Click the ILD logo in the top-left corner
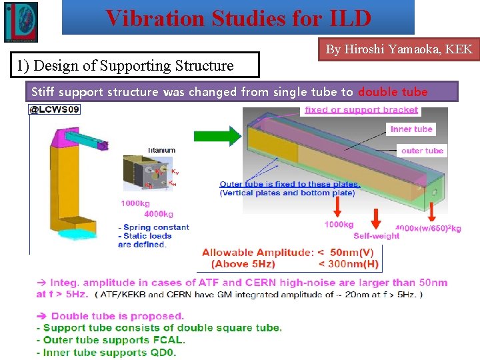tap(21, 21)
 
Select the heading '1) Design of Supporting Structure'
tap(125, 65)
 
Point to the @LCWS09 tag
tap(54, 109)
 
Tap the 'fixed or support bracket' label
tap(361, 110)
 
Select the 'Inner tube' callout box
tap(411, 129)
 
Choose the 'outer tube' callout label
tap(422, 151)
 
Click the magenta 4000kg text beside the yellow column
tap(158, 214)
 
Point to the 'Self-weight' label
tap(376, 235)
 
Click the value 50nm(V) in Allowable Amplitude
tap(351, 252)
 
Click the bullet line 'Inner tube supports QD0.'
tap(107, 352)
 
